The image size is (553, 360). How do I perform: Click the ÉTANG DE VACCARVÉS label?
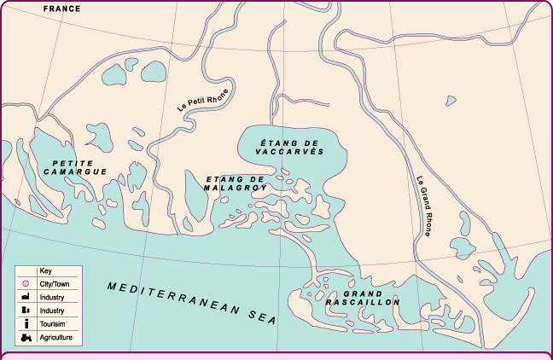click(291, 145)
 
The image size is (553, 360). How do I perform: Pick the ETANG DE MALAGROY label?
click(236, 183)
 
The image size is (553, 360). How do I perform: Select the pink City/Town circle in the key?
click(26, 283)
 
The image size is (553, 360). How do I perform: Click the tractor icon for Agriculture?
click(26, 338)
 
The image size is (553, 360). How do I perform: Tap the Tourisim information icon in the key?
click(26, 324)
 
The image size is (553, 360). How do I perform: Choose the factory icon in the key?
click(26, 297)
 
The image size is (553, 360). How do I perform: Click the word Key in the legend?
click(46, 270)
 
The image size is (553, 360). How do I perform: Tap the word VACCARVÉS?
click(291, 150)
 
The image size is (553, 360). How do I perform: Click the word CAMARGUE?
click(76, 171)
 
